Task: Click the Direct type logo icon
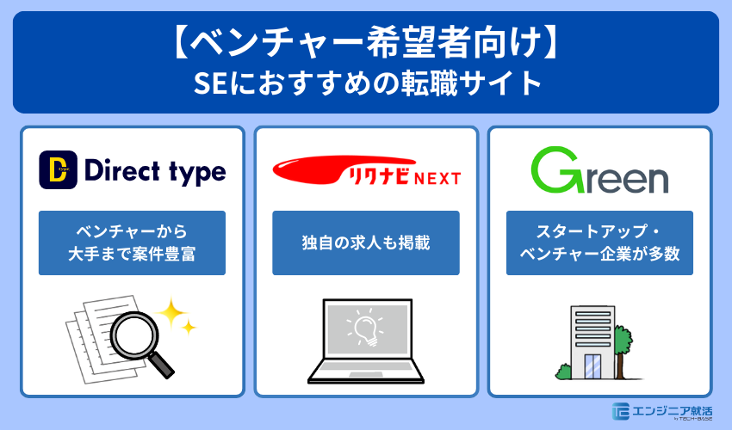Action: point(57,170)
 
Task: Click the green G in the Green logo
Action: point(552,170)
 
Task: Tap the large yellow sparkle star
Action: point(172,312)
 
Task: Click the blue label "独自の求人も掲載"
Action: point(366,243)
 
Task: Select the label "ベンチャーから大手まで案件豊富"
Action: point(132,243)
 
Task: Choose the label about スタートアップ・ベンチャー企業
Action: point(599,243)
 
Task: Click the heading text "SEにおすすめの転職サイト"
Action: point(366,84)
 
